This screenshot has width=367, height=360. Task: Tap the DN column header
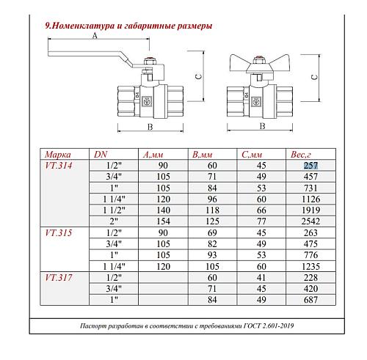coord(101,155)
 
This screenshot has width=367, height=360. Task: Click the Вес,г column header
coord(301,155)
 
